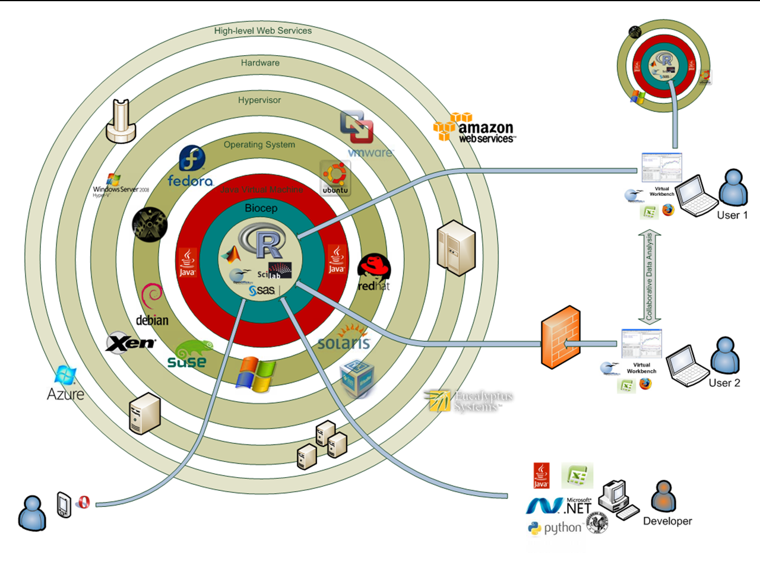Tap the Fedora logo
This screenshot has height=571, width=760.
[x=191, y=167]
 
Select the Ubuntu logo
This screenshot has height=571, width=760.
[x=335, y=177]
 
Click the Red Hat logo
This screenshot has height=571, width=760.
[x=374, y=272]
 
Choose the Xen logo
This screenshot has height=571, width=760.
[x=131, y=342]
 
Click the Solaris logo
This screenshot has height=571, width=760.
[x=344, y=338]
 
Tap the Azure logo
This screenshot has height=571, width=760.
[x=65, y=384]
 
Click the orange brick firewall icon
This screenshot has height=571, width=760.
[x=560, y=337]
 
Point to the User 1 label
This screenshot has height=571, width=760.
[x=732, y=215]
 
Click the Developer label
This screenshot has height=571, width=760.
[x=667, y=521]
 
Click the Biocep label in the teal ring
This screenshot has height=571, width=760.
[x=261, y=208]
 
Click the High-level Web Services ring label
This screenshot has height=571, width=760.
[x=262, y=31]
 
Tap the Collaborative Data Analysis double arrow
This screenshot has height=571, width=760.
[x=649, y=277]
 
